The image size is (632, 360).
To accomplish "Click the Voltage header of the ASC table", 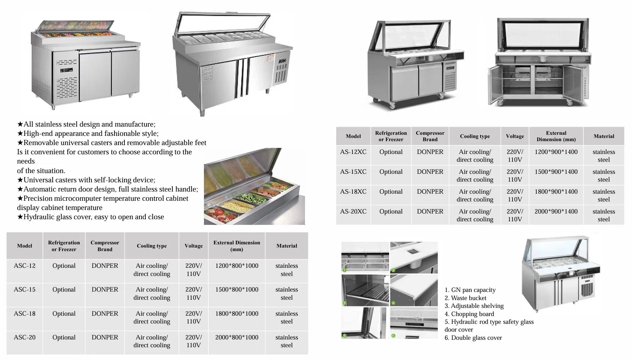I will click(193, 246).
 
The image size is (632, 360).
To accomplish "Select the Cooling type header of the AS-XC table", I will click(475, 136).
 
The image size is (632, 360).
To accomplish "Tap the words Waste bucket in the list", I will click(469, 298).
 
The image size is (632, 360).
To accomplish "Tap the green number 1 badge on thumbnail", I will click(344, 270).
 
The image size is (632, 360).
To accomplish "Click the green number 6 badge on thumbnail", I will click(393, 336).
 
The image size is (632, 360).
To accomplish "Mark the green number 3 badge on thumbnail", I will click(344, 303).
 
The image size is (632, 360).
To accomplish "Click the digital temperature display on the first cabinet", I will click(66, 70).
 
